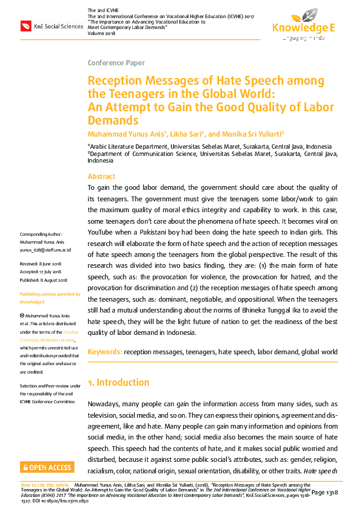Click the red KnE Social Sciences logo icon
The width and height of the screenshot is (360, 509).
[x=26, y=26]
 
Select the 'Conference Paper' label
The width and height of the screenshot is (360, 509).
[x=116, y=63]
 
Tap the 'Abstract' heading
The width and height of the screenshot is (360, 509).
[x=101, y=177]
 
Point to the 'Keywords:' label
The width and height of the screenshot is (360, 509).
[x=105, y=352]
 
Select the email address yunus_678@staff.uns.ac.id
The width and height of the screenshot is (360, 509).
[x=46, y=249]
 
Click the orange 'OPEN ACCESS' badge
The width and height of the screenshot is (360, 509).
[x=47, y=467]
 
